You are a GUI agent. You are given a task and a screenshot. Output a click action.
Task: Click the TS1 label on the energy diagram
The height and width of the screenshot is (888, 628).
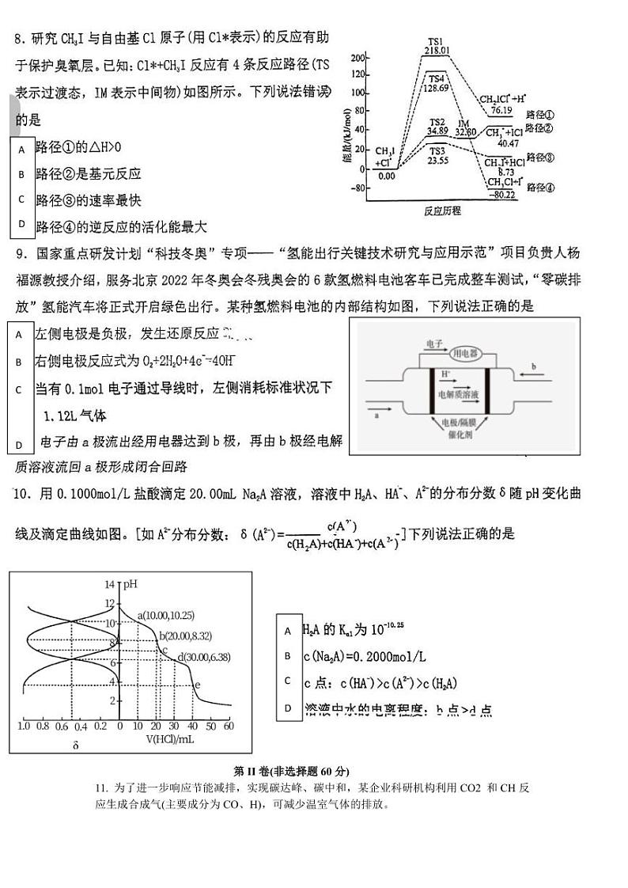(436, 41)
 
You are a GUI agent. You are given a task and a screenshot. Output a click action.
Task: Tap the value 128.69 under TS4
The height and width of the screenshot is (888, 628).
(436, 88)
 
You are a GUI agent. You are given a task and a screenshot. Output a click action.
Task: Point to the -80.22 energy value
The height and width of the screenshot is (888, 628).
(501, 194)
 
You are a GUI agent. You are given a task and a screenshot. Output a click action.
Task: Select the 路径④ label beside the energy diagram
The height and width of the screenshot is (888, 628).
(540, 188)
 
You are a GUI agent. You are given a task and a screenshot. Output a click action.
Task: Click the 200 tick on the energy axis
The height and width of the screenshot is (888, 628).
(359, 58)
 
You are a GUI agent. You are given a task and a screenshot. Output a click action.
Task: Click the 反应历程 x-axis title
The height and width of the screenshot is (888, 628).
(442, 211)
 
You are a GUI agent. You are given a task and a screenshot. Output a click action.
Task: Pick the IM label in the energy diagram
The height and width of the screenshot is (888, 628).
(464, 123)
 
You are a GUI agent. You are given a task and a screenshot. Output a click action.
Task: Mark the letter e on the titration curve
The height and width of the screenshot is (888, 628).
(197, 685)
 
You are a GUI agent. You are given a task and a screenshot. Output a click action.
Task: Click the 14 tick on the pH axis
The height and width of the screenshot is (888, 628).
(110, 584)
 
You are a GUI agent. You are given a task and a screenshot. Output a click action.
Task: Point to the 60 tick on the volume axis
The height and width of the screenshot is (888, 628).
(229, 726)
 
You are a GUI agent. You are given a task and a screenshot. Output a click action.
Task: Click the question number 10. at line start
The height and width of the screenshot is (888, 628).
(22, 494)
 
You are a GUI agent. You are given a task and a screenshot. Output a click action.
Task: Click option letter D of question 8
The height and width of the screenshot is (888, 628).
(22, 224)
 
